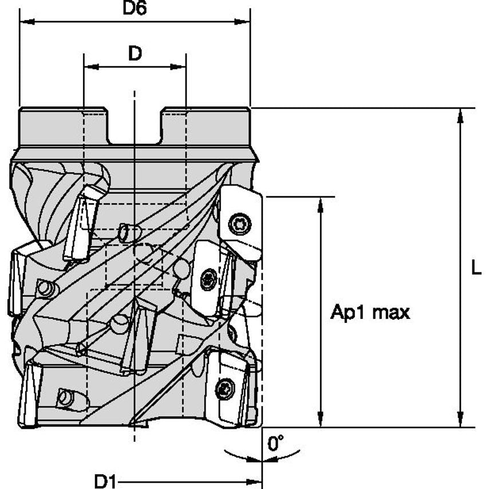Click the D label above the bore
[x=135, y=53]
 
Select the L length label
[x=476, y=267]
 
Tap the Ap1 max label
[x=370, y=313]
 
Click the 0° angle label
[x=276, y=443]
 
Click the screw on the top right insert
[x=239, y=223]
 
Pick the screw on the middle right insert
[x=208, y=279]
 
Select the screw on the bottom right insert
[x=225, y=389]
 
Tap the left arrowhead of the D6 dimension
[x=25, y=22]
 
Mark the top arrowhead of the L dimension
[x=460, y=113]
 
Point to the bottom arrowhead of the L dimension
[x=460, y=421]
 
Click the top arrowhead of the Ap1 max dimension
[x=321, y=202]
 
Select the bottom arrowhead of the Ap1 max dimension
[x=321, y=421]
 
